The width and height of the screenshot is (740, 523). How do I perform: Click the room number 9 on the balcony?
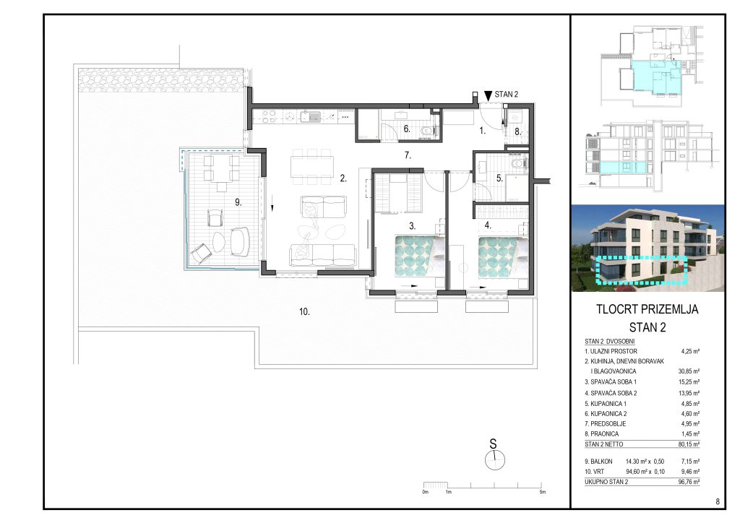tap(238, 202)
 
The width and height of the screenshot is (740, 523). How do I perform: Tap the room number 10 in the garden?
tap(304, 312)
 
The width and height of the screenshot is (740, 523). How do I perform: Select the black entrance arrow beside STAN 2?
tap(488, 95)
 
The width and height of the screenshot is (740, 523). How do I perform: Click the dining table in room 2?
tap(311, 166)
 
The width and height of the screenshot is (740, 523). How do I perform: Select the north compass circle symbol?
tap(494, 460)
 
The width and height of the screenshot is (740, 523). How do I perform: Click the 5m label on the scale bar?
tap(543, 492)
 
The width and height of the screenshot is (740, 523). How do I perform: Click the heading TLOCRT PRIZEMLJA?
tap(647, 309)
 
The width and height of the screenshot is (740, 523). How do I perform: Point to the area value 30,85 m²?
tap(689, 371)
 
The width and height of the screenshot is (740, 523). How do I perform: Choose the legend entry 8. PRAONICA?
tap(602, 434)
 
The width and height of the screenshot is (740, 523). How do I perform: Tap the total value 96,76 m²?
tap(689, 482)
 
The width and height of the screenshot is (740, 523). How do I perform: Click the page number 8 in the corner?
tap(718, 502)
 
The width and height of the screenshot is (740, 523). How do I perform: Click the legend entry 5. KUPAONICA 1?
tap(606, 404)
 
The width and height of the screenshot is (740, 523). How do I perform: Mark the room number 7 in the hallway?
tap(408, 155)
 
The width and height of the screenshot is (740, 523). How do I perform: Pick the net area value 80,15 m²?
tap(689, 444)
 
